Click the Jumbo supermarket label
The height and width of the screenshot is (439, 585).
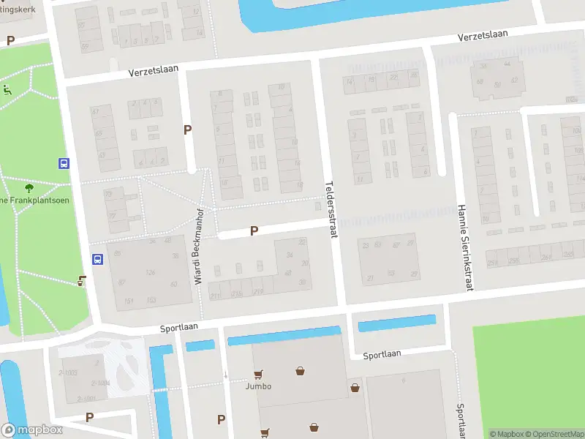(258, 386)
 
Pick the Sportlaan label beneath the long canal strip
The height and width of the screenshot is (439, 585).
(382, 354)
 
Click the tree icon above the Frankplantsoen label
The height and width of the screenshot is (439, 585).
(29, 189)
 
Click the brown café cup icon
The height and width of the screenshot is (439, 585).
(83, 280)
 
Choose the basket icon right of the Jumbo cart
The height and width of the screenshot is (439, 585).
(301, 371)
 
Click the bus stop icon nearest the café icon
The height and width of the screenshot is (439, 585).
(97, 258)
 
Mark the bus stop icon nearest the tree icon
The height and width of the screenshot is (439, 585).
(64, 164)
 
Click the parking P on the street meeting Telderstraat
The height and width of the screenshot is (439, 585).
(254, 230)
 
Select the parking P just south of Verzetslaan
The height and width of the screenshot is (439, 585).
(188, 130)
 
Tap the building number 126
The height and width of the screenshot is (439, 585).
(151, 273)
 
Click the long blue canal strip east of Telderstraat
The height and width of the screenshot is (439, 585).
(396, 323)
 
